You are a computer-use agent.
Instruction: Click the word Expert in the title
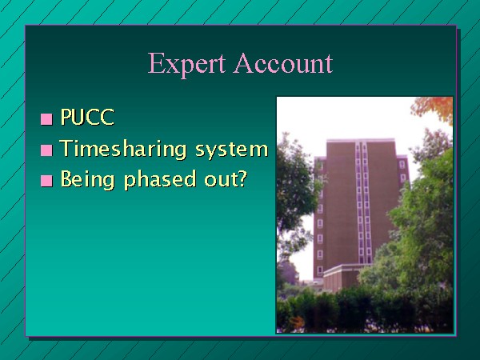pos(186,64)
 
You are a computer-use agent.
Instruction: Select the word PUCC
pos(87,117)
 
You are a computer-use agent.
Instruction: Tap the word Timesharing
pos(123,149)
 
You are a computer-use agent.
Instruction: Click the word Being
pos(87,180)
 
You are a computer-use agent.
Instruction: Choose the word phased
pos(160,180)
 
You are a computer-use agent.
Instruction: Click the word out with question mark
pos(226,178)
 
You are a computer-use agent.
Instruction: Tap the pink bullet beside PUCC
pos(46,119)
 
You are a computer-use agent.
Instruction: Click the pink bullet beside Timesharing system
pos(46,150)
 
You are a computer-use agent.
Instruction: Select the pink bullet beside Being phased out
pos(46,181)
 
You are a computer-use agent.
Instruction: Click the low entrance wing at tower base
pos(344,277)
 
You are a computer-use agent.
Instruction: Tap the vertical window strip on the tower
pos(363,203)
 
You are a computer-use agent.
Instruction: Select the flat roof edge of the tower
pos(361,141)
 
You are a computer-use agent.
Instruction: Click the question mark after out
pos(242,178)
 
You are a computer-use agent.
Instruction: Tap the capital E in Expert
pos(157,63)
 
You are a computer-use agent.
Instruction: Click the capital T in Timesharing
pos(67,148)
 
